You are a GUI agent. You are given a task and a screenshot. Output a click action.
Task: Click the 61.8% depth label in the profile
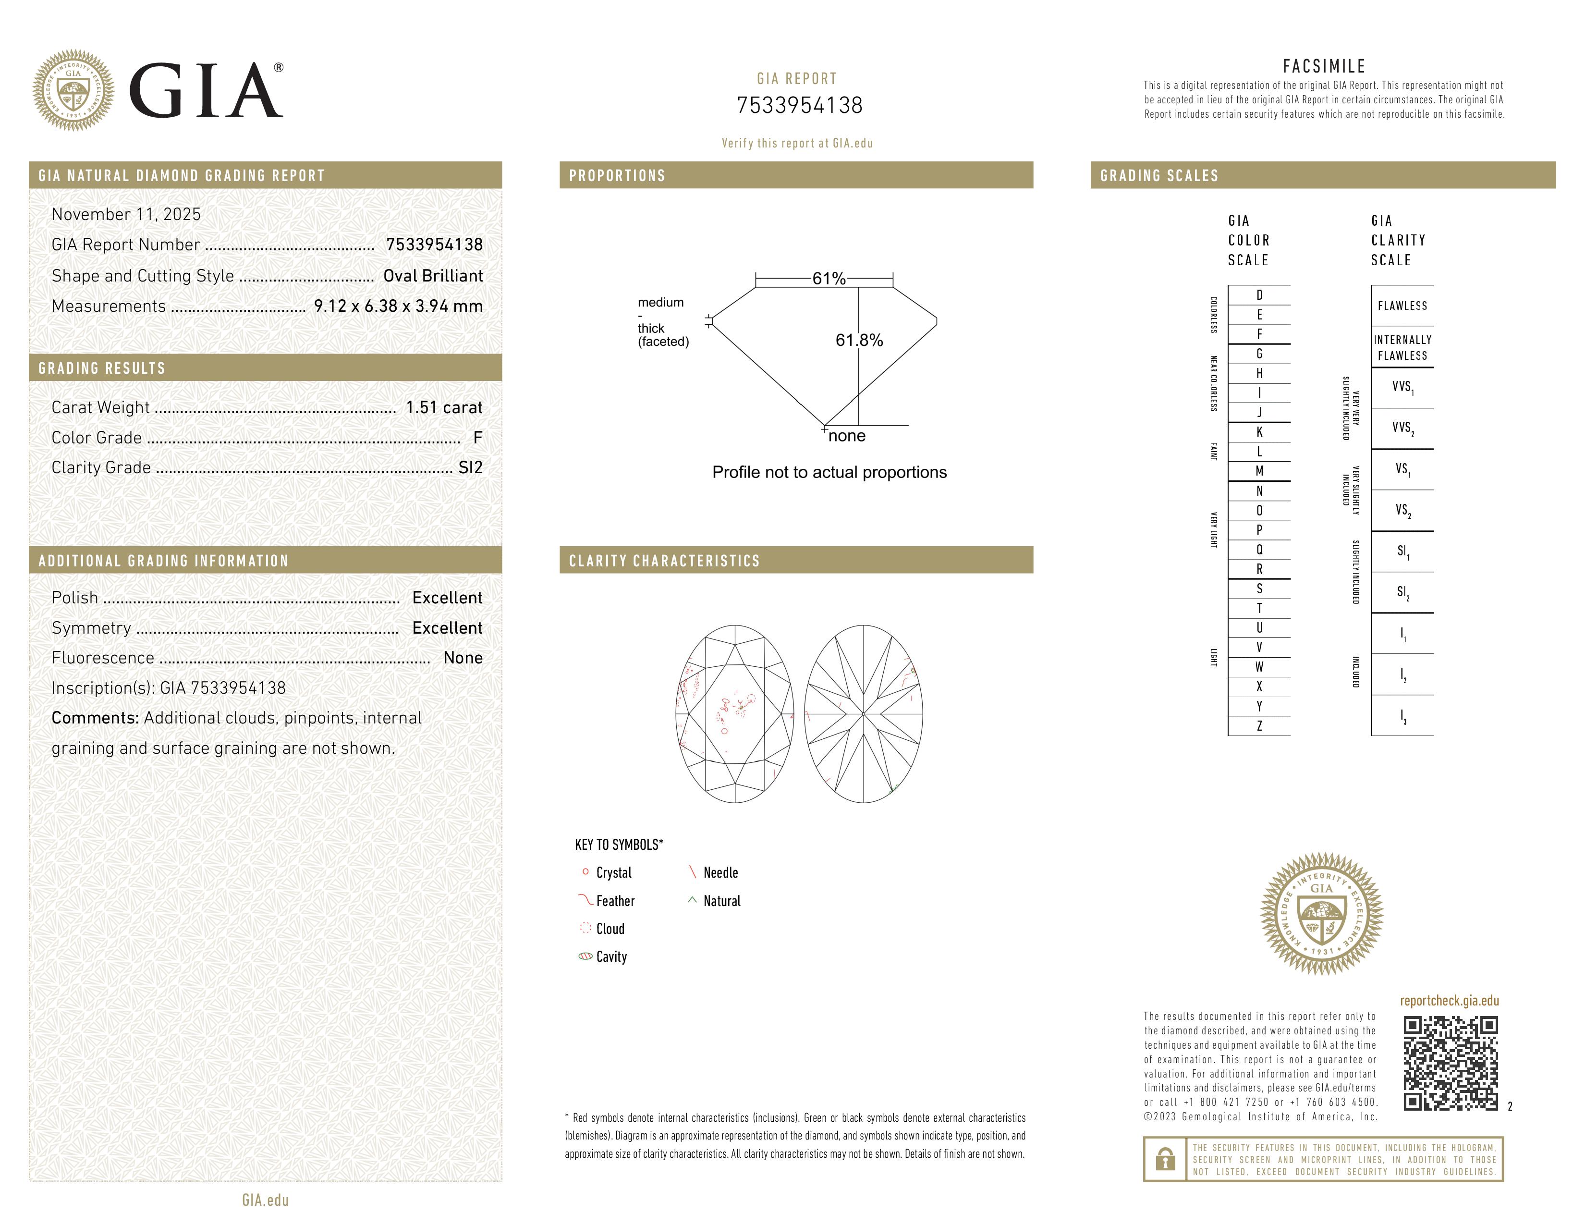(x=859, y=341)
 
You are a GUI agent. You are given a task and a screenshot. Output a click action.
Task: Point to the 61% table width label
(x=829, y=279)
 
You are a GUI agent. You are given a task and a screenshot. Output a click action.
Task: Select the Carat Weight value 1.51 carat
(x=443, y=407)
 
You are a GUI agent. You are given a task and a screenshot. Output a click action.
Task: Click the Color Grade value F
(x=477, y=438)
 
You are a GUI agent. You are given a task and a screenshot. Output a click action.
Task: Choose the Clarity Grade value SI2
(x=470, y=467)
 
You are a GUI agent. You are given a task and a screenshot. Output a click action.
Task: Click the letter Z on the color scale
(x=1259, y=726)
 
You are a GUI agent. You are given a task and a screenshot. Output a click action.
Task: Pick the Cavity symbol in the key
(x=585, y=956)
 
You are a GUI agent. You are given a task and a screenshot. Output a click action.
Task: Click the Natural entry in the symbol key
(x=721, y=901)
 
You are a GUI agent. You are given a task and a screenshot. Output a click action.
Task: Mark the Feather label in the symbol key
(x=615, y=901)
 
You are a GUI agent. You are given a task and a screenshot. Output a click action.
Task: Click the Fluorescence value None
(x=463, y=658)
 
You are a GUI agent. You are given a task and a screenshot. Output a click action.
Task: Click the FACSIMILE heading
(x=1324, y=66)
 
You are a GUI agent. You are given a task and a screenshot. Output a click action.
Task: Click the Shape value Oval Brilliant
(x=433, y=276)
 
